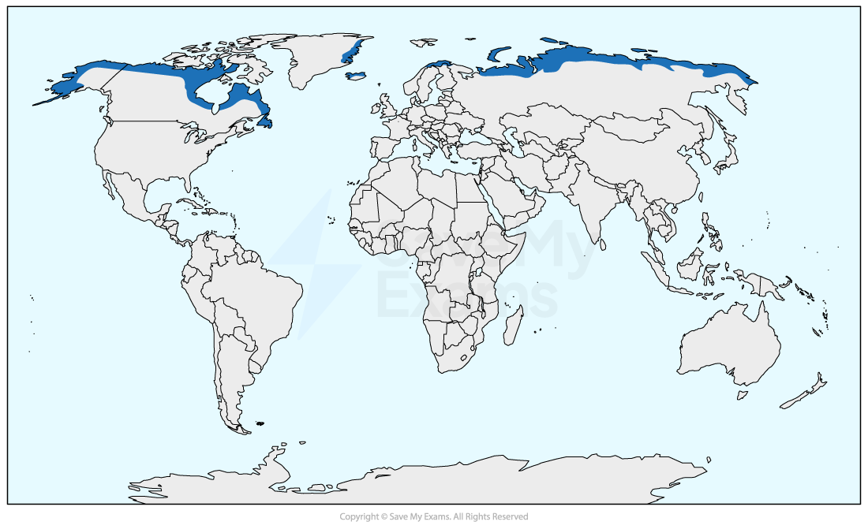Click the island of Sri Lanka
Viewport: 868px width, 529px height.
603,244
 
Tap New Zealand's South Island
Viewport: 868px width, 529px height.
797,398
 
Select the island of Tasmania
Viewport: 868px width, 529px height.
742,393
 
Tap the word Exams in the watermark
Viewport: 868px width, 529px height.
466,298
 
